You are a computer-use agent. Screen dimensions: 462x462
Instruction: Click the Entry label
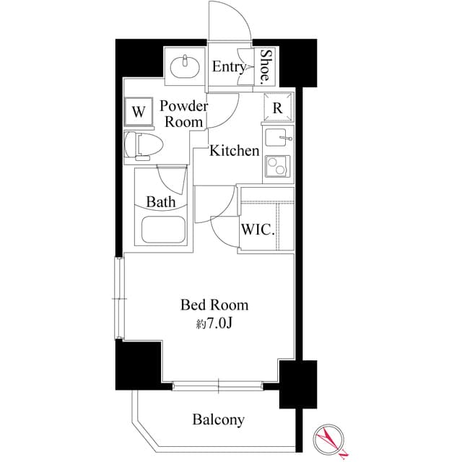[229, 67]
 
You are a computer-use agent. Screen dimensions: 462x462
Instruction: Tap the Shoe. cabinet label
[266, 66]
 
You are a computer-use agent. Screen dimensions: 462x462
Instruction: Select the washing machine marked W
[138, 112]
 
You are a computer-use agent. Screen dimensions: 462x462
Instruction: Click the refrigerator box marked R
[278, 108]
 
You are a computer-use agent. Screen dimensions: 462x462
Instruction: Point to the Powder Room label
[183, 114]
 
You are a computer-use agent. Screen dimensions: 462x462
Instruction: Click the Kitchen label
[235, 151]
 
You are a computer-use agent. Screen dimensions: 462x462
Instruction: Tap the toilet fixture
[140, 144]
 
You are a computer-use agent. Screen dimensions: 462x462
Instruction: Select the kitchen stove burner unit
[278, 167]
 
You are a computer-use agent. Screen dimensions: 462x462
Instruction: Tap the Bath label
[161, 202]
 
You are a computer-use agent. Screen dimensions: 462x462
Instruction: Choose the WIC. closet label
[258, 231]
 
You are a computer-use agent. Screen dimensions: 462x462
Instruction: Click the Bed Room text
[214, 306]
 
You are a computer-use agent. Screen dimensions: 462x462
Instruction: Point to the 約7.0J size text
[214, 324]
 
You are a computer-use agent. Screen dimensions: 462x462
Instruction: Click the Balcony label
[218, 419]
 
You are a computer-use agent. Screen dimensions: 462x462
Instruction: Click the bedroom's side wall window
[119, 298]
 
